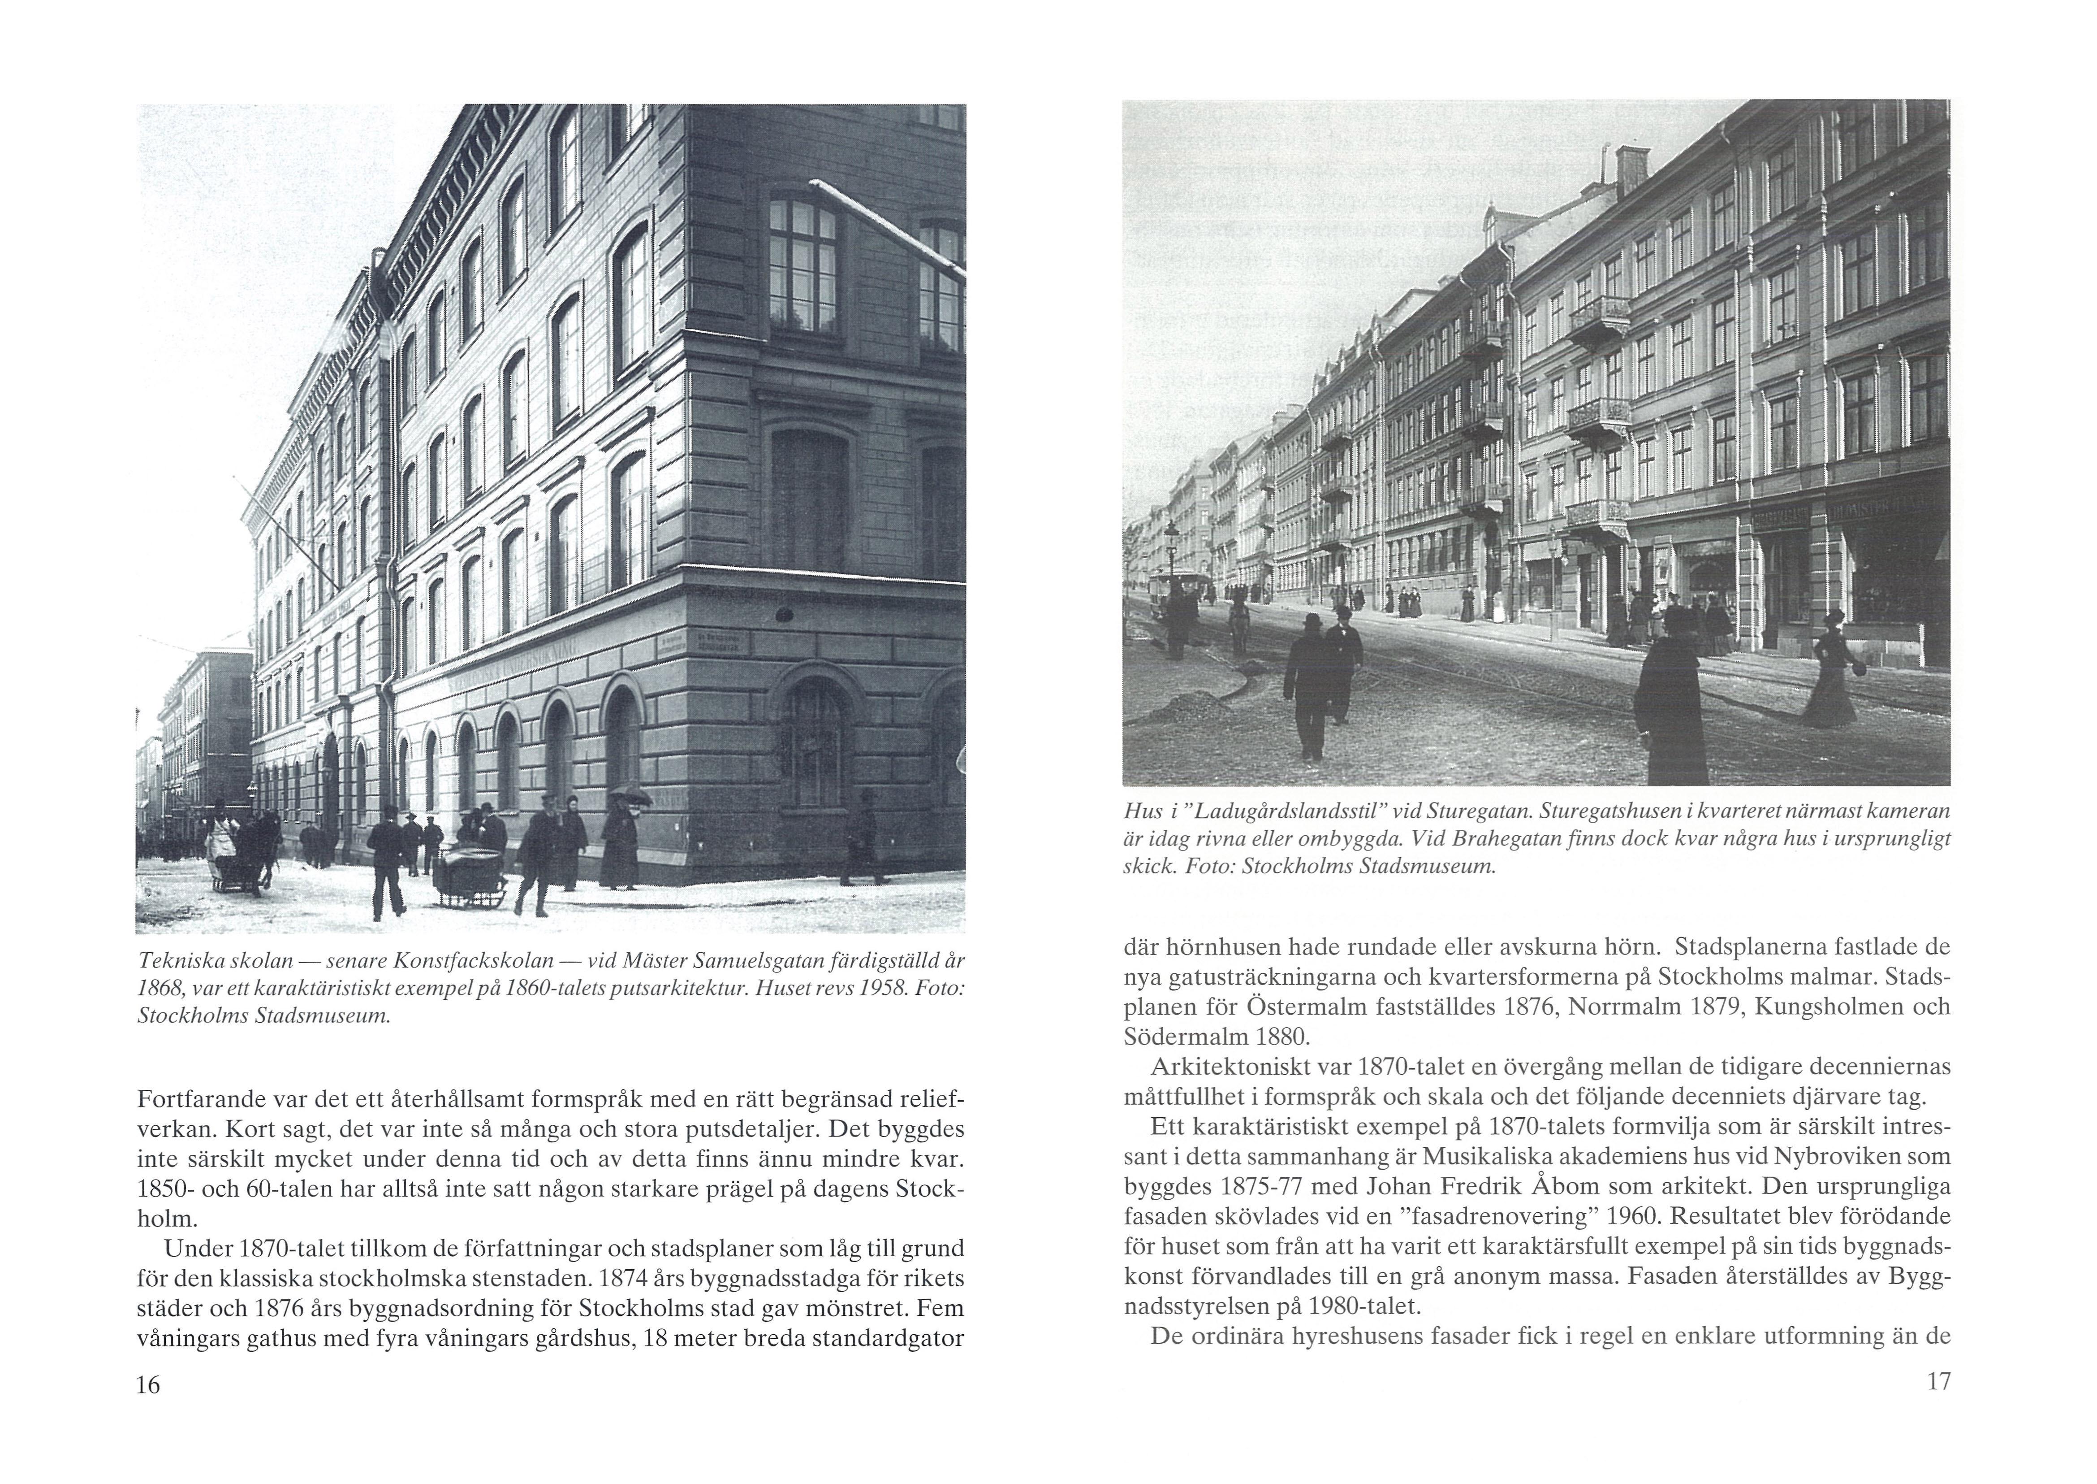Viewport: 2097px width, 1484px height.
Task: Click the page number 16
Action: (x=148, y=1385)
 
